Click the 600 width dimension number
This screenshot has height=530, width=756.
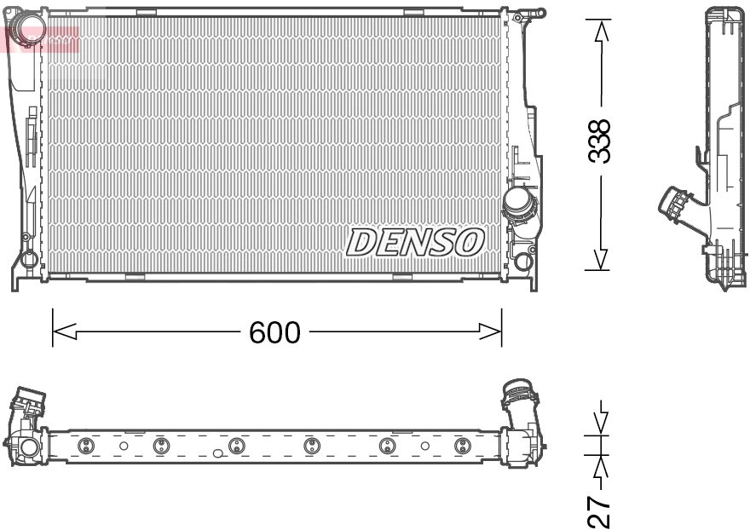coord(274,332)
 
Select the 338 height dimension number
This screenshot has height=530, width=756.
coord(602,141)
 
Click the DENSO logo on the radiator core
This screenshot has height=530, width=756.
coord(415,242)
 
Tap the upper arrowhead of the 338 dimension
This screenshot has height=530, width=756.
coord(602,31)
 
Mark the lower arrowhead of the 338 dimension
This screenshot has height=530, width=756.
coord(602,258)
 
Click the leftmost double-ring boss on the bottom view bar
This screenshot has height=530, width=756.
coord(84,446)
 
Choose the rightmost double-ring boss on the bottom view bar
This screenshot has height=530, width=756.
coord(462,446)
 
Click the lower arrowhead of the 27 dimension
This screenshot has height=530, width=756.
coord(602,466)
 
